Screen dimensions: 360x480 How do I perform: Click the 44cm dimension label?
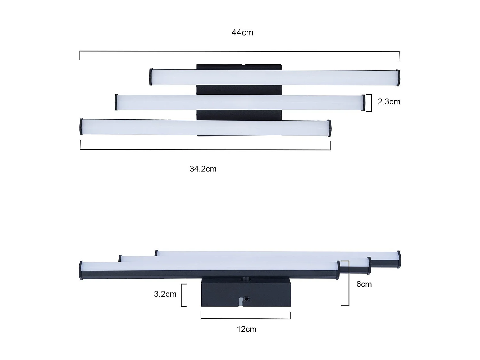pos(242,33)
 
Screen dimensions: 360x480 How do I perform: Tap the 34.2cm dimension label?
pos(203,169)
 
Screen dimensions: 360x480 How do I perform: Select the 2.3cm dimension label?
pos(389,102)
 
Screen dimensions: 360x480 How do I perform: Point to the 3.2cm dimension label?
pos(165,294)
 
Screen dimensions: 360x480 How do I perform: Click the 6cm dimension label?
pos(364,284)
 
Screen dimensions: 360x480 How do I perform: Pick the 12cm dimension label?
pos(246,329)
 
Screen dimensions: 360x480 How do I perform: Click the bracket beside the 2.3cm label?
pos(370,103)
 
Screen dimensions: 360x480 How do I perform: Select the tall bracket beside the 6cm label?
pos(347,283)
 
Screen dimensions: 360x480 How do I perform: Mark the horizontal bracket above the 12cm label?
pos(246,318)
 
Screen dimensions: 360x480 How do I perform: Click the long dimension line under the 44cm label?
pos(239,52)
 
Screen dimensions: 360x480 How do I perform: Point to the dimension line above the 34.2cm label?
pos(205,149)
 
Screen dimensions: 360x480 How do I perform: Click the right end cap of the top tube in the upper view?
pos(398,78)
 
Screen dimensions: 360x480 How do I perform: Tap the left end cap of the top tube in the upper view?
pos(151,77)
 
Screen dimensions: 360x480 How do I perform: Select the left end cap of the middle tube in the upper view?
pos(116,102)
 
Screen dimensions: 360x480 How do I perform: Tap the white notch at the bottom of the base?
pos(241,302)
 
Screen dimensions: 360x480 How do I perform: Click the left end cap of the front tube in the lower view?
pos(81,270)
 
